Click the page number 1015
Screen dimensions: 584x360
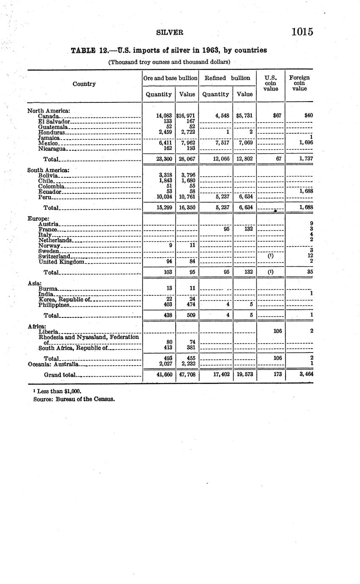tap(302, 32)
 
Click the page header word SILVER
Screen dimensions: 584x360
tap(169, 32)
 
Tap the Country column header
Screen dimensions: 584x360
tap(84, 84)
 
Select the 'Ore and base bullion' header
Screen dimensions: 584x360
tap(170, 78)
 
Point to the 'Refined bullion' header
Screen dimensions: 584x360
tap(227, 78)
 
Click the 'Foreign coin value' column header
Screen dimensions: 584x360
tap(299, 83)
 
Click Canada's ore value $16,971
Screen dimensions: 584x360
tap(187, 116)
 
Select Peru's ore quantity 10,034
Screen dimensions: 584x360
tap(164, 197)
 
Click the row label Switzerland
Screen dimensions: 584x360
tap(54, 256)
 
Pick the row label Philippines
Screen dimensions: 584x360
tap(53, 305)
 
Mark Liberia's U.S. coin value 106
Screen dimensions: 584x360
tap(277, 331)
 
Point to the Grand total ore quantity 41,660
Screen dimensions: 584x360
tap(164, 375)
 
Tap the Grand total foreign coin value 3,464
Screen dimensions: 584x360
tap(305, 375)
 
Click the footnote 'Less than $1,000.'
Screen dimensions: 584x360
tap(59, 391)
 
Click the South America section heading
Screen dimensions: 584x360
tap(48, 170)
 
